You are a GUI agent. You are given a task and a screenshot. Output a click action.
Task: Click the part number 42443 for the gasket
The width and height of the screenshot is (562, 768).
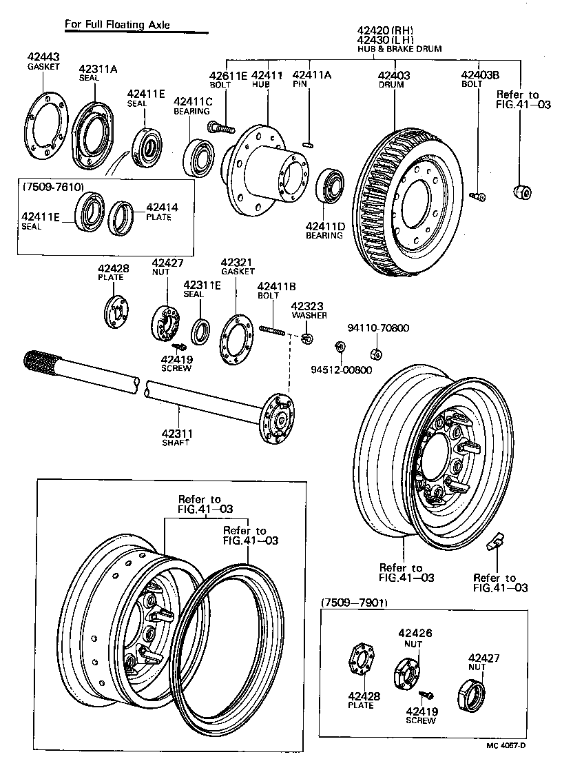tap(43, 57)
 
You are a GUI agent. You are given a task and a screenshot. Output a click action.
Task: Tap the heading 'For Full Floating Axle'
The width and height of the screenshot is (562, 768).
tap(117, 25)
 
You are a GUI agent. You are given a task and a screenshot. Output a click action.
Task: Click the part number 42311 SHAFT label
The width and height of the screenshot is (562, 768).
tap(176, 434)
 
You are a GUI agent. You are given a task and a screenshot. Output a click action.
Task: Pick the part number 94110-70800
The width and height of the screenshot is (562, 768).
tap(378, 328)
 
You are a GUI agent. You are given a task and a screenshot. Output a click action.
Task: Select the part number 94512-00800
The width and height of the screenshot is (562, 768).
tap(340, 370)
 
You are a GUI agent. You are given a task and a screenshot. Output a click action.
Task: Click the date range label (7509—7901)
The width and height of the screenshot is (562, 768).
tap(354, 603)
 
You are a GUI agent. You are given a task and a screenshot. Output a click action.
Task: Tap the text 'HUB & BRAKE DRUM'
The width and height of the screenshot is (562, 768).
tap(399, 49)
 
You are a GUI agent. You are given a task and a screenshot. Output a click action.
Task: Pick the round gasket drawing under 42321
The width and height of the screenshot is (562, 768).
tap(236, 338)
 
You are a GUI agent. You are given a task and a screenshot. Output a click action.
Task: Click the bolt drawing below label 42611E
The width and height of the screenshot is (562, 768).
tap(220, 128)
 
